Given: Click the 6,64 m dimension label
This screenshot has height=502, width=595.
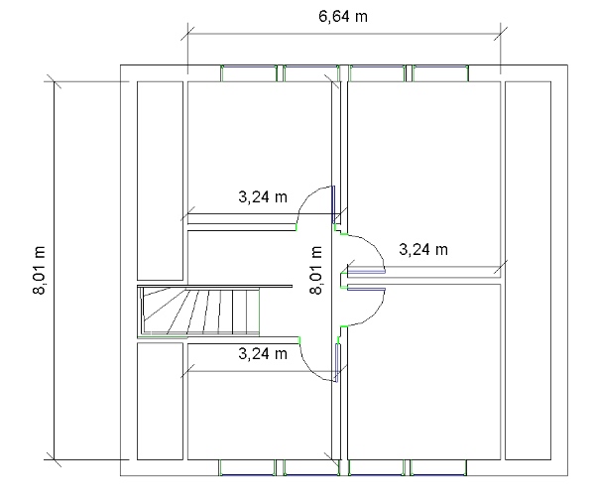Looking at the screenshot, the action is tap(343, 17).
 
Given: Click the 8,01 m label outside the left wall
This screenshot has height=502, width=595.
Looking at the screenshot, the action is tap(39, 271).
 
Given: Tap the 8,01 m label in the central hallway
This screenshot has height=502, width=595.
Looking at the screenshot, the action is tap(315, 270).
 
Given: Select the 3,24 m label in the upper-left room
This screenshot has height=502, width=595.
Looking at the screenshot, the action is tap(263, 197).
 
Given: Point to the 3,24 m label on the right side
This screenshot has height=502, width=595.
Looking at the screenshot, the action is tap(423, 249).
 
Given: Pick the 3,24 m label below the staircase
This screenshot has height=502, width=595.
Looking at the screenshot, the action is tap(263, 354).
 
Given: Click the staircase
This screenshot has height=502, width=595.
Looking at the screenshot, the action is tap(200, 312).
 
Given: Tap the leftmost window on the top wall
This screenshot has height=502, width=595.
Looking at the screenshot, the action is tap(249, 73).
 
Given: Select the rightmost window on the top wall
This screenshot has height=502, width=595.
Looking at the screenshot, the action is tap(440, 73).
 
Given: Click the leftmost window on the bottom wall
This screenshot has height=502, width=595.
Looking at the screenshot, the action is tap(247, 467).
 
